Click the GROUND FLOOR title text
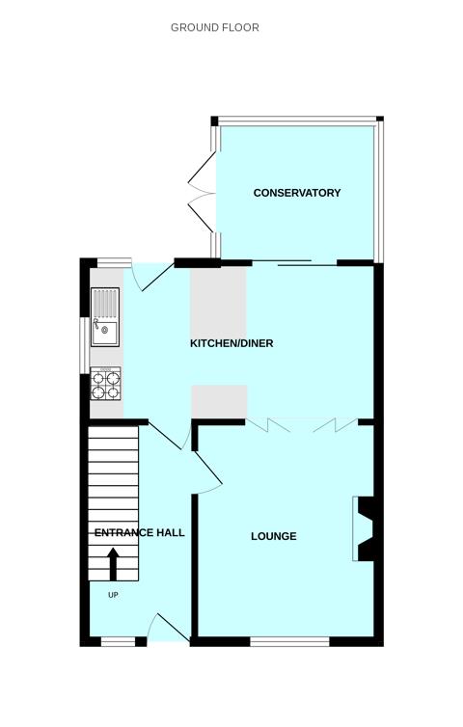pyautogui.click(x=214, y=28)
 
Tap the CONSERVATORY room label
pyautogui.click(x=297, y=193)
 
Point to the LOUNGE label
pyautogui.click(x=274, y=536)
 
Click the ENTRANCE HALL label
pyautogui.click(x=139, y=532)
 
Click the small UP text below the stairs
pyautogui.click(x=113, y=595)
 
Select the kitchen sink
pyautogui.click(x=105, y=319)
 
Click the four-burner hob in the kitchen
pyautogui.click(x=106, y=384)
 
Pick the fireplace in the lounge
pyautogui.click(x=366, y=528)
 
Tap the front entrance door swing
pyautogui.click(x=167, y=628)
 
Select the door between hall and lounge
pyautogui.click(x=205, y=473)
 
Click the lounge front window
pyautogui.click(x=289, y=641)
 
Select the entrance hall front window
pyautogui.click(x=118, y=641)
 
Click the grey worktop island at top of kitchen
pyautogui.click(x=219, y=300)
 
